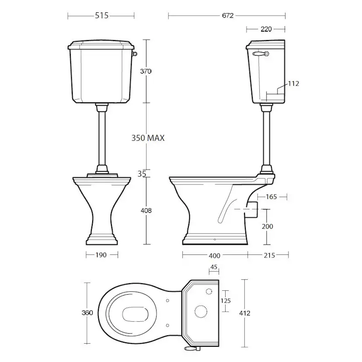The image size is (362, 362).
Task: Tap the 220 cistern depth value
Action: (x=266, y=29)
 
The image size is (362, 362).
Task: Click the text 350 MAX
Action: (x=148, y=138)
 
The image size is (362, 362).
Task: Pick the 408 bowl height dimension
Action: (x=146, y=211)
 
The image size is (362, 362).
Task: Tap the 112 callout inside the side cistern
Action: (x=293, y=84)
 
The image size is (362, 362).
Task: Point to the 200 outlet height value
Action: (x=268, y=226)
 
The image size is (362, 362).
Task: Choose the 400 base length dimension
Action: (x=214, y=255)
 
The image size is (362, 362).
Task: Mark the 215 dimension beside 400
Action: (x=269, y=255)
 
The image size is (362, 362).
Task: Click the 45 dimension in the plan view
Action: (x=214, y=268)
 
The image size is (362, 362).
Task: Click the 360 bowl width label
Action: (x=88, y=313)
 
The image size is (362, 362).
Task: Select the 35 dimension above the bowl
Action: (x=141, y=174)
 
